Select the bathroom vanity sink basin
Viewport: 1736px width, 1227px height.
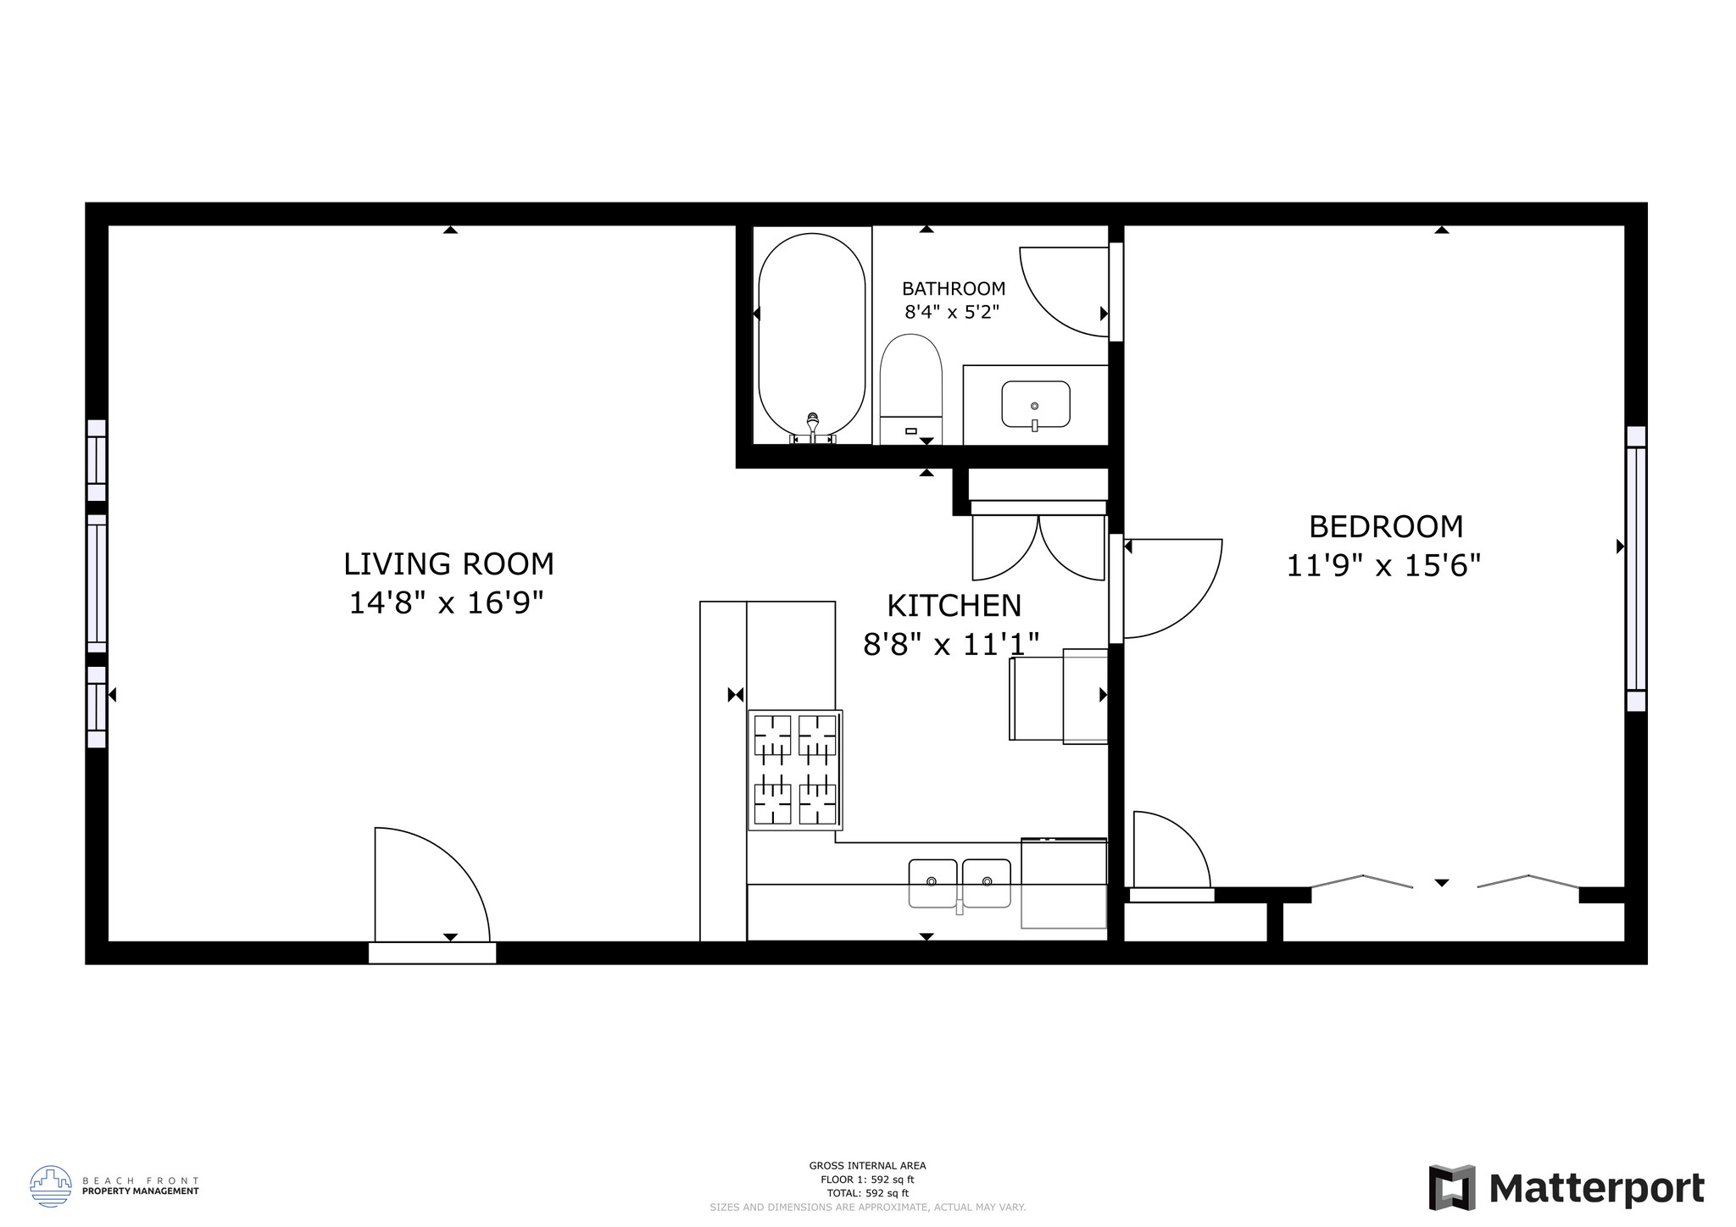(1035, 404)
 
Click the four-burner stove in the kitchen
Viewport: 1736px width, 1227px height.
(795, 769)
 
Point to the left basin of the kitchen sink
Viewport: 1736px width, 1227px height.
(932, 883)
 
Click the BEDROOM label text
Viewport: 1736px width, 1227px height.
(1385, 527)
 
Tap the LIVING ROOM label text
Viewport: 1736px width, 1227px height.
(448, 564)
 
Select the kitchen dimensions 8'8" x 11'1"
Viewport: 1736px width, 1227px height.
(950, 645)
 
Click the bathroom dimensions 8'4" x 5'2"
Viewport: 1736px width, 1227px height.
(952, 312)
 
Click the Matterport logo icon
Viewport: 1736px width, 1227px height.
(1452, 1188)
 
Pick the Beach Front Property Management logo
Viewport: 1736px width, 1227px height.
(51, 1185)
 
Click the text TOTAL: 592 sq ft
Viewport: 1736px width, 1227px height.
(867, 1192)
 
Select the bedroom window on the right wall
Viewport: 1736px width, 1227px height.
(1635, 569)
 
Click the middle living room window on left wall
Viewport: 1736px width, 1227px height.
(97, 584)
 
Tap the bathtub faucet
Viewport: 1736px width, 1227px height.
(812, 426)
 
